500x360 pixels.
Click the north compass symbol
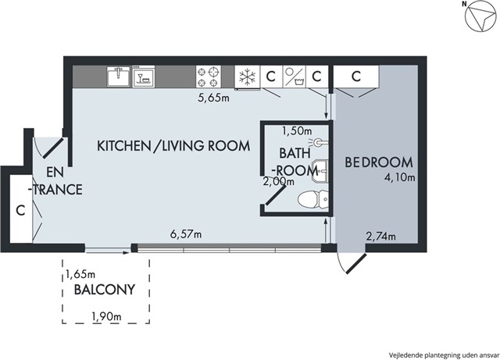[480, 17]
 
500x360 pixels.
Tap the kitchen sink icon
[119, 77]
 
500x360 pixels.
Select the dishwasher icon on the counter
[144, 77]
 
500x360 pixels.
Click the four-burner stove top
[209, 77]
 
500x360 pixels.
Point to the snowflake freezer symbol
[248, 77]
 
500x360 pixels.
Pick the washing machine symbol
[295, 77]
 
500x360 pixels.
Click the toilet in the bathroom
[312, 199]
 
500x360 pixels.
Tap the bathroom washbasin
[320, 170]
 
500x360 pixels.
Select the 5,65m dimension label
[213, 98]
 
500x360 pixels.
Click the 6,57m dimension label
[186, 234]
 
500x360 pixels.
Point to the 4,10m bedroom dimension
[399, 177]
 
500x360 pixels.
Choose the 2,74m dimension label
[380, 237]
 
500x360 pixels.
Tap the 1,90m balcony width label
[106, 316]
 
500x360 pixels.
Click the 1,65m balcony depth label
[80, 273]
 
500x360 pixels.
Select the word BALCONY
[105, 290]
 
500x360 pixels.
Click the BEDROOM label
[379, 162]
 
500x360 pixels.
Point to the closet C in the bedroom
[356, 77]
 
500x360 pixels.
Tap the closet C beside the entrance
[20, 210]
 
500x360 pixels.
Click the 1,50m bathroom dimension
[297, 130]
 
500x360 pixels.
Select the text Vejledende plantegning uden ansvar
[443, 355]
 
